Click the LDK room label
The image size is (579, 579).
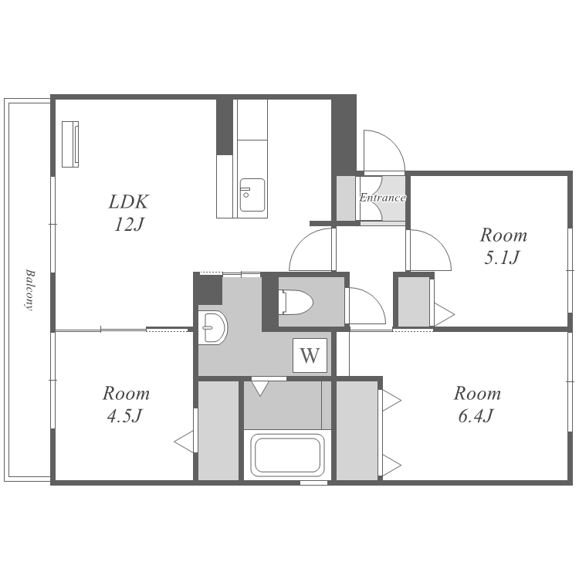click(129, 201)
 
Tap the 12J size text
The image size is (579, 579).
click(128, 224)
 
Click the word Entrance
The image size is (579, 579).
click(383, 198)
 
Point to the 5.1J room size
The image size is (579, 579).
click(502, 257)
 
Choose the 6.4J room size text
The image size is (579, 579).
click(476, 416)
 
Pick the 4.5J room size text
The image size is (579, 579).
click(124, 416)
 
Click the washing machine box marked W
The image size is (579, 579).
click(310, 355)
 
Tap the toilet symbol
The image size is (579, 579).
click(296, 303)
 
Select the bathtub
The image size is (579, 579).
click(288, 455)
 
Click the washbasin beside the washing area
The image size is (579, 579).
click(212, 327)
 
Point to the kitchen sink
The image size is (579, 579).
click(252, 195)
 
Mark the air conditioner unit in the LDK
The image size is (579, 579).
click(70, 144)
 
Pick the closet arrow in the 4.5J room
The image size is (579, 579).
click(185, 442)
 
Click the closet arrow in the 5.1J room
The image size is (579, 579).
click(444, 315)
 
